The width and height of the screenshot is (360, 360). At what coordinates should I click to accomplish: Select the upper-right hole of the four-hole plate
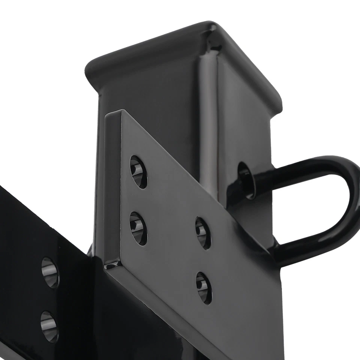coord(202,232)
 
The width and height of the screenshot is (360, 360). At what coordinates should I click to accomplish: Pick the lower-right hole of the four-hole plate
coord(204,287)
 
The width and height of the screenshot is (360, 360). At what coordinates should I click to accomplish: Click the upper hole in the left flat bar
coord(50,272)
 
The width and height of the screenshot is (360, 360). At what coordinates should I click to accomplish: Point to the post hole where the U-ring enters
coord(246,180)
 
